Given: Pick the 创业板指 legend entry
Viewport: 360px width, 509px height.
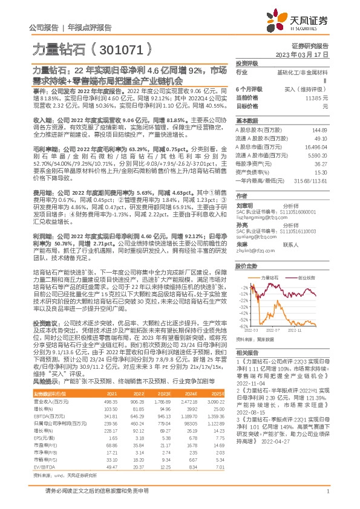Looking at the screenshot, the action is [x=307, y=261].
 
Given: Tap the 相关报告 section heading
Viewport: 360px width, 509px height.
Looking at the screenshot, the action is [x=246, y=351].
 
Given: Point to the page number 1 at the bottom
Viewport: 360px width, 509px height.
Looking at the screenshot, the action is [x=327, y=496].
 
